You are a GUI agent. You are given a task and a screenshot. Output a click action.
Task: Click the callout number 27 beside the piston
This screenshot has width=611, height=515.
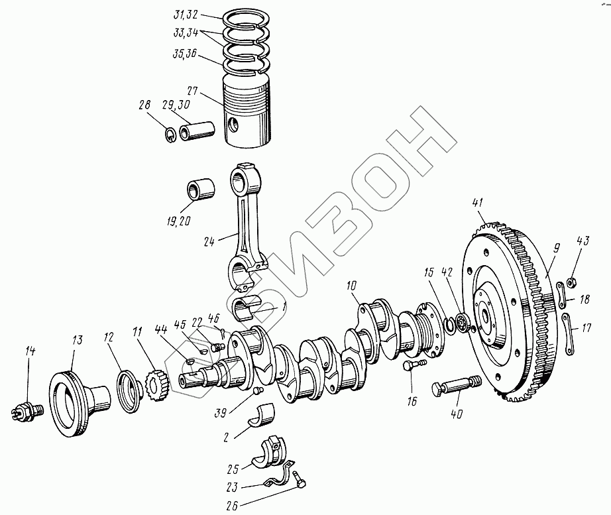pos(192,91)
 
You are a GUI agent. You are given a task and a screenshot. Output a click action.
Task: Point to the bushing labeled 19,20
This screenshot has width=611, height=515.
pos(201,189)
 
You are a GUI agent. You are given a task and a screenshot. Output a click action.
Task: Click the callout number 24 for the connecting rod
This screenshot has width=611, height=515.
pos(209,242)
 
